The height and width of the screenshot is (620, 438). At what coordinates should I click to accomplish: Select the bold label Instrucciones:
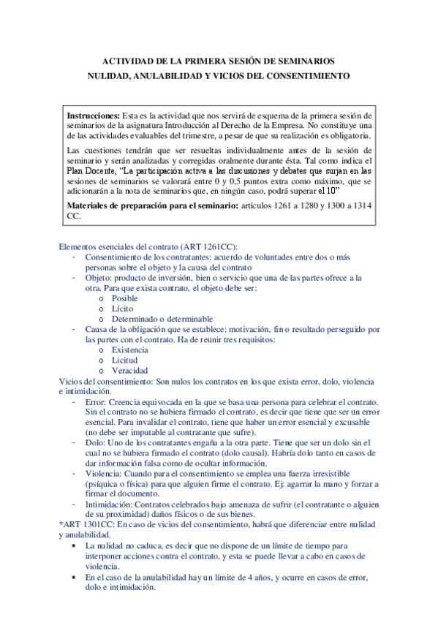tap(94, 116)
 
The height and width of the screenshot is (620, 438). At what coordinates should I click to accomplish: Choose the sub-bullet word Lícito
tap(121, 309)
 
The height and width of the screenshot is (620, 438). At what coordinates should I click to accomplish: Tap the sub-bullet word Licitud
tap(124, 360)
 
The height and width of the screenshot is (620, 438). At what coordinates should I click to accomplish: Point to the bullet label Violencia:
tap(105, 474)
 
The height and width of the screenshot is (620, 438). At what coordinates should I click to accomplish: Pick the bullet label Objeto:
tap(99, 278)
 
